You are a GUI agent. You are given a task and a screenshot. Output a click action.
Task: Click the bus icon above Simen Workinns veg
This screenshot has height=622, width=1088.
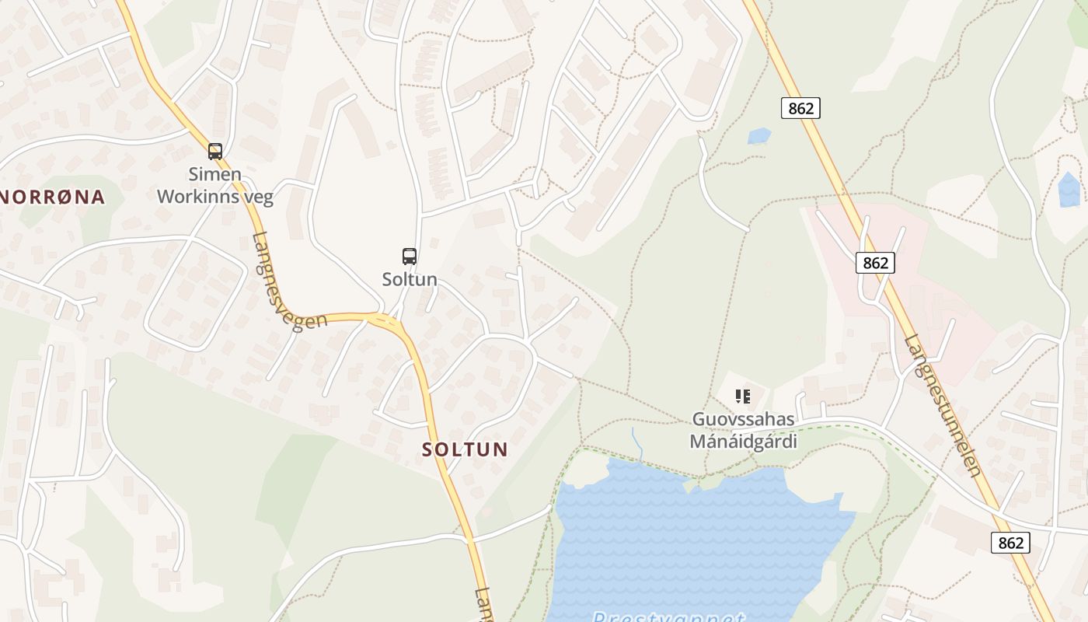pos(215,152)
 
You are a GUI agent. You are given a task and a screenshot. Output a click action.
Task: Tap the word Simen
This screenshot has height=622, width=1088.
pos(215,174)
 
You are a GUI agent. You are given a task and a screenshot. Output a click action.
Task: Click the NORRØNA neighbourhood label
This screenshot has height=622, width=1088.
pos(52,197)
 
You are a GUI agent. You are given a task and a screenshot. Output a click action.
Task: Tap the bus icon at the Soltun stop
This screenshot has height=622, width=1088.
pos(410,256)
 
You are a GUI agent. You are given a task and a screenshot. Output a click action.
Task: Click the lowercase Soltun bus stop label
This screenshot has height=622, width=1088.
pos(410,279)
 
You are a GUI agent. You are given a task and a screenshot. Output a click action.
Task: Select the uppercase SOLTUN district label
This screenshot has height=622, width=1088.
pos(465,449)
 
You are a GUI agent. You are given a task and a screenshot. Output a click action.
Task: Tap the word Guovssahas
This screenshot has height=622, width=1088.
pos(744,420)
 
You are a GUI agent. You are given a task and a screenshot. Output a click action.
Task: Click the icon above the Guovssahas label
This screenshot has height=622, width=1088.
pos(743,397)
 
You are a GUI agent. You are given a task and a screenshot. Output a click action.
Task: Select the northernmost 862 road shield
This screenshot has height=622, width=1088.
pos(800,108)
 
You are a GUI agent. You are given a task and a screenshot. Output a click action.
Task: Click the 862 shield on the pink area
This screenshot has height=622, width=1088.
pos(875,263)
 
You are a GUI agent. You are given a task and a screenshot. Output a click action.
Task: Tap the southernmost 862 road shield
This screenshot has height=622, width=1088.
pos(1010,543)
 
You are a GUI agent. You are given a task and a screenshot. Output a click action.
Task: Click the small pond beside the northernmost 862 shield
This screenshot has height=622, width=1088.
pos(758,136)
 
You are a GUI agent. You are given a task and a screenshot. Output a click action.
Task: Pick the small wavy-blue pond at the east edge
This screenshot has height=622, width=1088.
pos(1069,190)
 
